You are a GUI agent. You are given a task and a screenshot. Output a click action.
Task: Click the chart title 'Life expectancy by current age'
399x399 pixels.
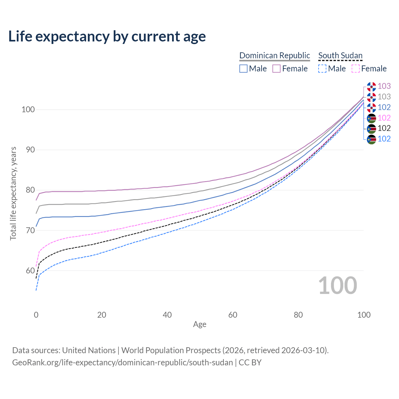pyautogui.click(x=107, y=36)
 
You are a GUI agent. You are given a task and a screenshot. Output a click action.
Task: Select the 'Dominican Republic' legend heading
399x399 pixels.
pyautogui.click(x=275, y=55)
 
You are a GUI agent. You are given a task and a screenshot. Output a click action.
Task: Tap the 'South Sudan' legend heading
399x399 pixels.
pyautogui.click(x=340, y=55)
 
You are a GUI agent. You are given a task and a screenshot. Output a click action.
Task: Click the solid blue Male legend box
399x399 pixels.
pyautogui.click(x=243, y=69)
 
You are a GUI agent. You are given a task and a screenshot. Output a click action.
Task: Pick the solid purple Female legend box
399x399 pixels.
pyautogui.click(x=276, y=69)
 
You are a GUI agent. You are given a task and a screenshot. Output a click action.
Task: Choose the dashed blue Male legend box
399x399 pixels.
pyautogui.click(x=322, y=69)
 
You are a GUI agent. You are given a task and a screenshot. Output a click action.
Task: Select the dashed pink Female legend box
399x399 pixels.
pyautogui.click(x=355, y=69)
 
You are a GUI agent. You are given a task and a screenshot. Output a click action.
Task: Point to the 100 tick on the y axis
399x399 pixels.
pyautogui.click(x=28, y=110)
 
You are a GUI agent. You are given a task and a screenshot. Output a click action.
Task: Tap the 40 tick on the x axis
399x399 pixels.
pyautogui.click(x=167, y=315)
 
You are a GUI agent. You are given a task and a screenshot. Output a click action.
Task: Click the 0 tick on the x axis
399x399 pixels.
pyautogui.click(x=36, y=315)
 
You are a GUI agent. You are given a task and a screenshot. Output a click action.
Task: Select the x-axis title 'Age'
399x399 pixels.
pyautogui.click(x=200, y=324)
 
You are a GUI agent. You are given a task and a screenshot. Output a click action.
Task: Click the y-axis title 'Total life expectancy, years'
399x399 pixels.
pyautogui.click(x=13, y=193)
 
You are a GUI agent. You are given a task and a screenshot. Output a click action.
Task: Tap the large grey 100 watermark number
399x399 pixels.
pyautogui.click(x=338, y=286)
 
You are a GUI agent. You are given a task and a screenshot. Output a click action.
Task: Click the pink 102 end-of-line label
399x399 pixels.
pyautogui.click(x=384, y=118)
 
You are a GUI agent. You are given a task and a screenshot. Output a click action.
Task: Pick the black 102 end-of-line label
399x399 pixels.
pyautogui.click(x=384, y=128)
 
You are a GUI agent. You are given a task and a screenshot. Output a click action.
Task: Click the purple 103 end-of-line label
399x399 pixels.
pyautogui.click(x=384, y=86)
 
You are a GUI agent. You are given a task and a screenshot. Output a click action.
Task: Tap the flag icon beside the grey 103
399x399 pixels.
pyautogui.click(x=371, y=97)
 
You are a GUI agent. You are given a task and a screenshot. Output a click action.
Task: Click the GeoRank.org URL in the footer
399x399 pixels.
pyautogui.click(x=123, y=363)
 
